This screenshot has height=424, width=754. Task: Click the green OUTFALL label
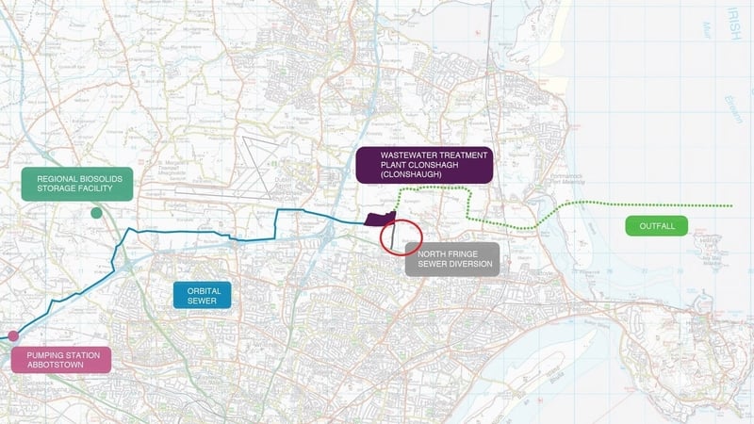point(656,225)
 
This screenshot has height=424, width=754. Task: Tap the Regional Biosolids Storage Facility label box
point(78,186)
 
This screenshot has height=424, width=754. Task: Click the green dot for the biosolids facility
point(96,214)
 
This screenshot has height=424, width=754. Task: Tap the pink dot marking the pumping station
point(13,335)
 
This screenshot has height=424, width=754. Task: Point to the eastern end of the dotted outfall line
point(731,205)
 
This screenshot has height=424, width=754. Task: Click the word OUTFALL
point(656,225)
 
